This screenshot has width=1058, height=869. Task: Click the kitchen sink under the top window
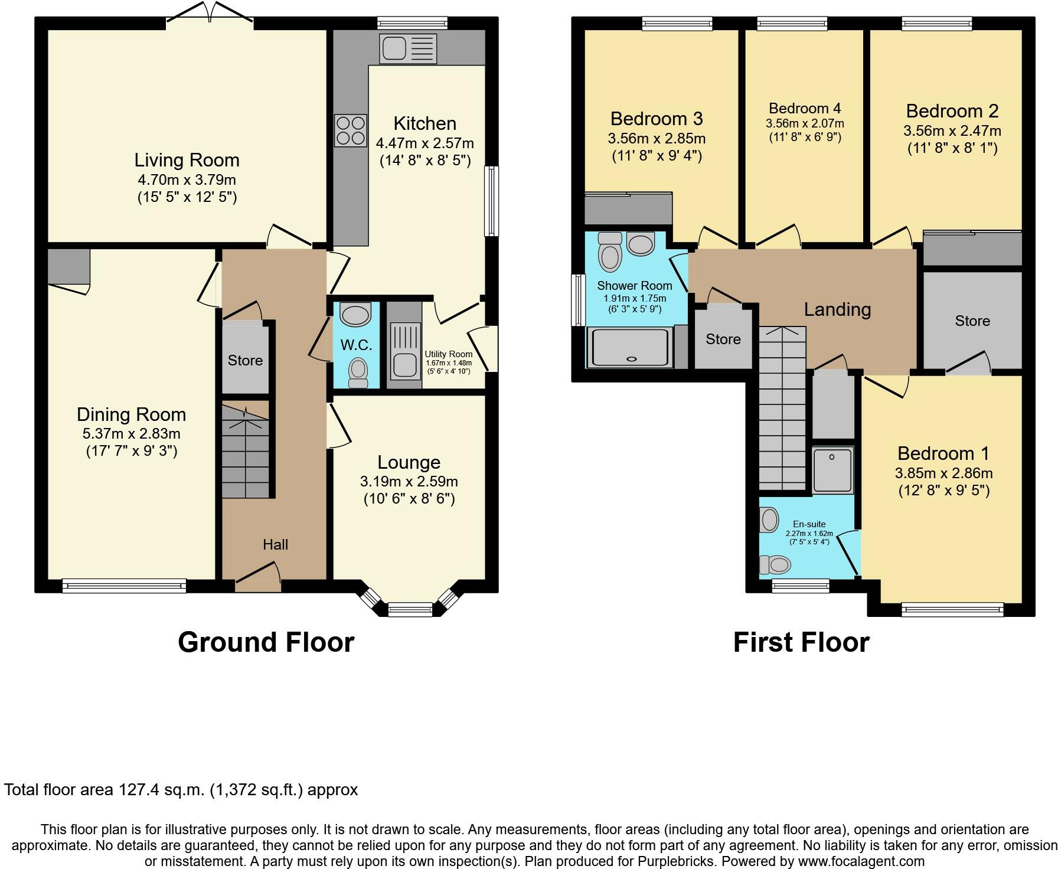409,48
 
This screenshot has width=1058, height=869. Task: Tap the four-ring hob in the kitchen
350,130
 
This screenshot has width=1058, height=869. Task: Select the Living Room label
187,160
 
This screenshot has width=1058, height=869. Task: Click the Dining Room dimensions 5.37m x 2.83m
132,434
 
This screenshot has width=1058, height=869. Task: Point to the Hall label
275,544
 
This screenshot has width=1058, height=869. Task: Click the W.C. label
356,345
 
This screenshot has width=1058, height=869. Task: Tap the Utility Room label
449,354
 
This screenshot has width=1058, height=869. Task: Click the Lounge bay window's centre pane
410,609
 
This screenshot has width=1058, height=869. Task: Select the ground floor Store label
245,360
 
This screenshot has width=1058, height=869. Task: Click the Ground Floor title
266,642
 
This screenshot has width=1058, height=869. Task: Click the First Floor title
801,642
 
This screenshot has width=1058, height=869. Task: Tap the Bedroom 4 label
805,109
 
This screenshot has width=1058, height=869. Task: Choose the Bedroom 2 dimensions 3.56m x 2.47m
952,131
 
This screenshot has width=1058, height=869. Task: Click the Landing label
837,309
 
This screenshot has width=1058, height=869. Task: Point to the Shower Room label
635,286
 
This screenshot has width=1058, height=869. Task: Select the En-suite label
809,524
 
